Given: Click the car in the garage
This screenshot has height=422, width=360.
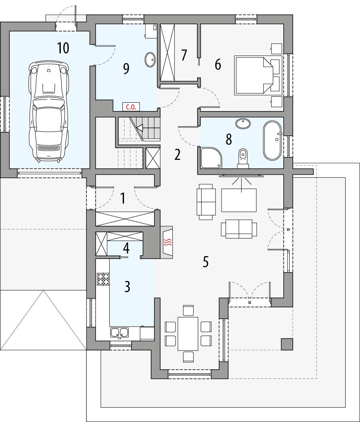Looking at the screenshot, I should (x=47, y=112).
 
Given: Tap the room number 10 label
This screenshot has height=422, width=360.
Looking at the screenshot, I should (x=63, y=48).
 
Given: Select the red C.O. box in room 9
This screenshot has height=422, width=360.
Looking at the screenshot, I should (x=130, y=107).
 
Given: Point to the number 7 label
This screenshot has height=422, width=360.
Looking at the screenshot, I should (x=184, y=55).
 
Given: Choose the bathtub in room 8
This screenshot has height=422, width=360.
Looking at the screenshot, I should (x=272, y=141).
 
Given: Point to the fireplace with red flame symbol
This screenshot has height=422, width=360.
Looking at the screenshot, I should (x=167, y=242).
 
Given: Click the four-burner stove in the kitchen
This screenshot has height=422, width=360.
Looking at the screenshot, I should (x=103, y=279).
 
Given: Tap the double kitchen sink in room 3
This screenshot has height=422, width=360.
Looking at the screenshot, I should (x=119, y=332).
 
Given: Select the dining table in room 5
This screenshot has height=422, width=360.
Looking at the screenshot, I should (x=188, y=333).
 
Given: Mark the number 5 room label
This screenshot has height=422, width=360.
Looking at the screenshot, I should (x=206, y=262).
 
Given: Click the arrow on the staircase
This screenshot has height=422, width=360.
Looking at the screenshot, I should (x=140, y=128).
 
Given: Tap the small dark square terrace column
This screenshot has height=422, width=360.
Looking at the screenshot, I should (x=287, y=344).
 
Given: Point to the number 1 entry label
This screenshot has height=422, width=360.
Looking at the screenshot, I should (x=123, y=198).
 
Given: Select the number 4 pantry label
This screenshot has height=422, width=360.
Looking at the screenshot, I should (x=126, y=249).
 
